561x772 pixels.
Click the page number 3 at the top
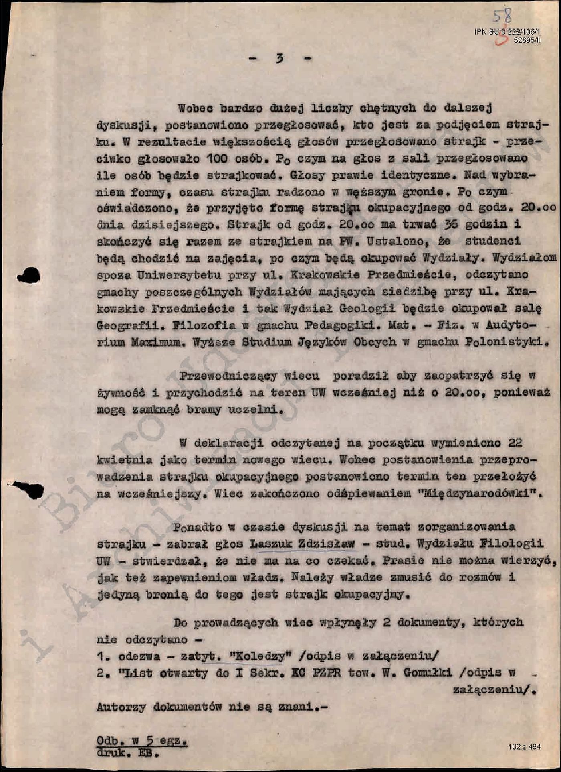(x=279, y=59)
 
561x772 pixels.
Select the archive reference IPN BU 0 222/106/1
(x=507, y=32)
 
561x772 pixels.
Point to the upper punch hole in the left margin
(x=29, y=275)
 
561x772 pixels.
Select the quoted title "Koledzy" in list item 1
(x=260, y=656)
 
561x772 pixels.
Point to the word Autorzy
(x=121, y=707)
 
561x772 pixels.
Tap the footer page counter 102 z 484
(x=524, y=747)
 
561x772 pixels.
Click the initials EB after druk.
(x=147, y=753)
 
